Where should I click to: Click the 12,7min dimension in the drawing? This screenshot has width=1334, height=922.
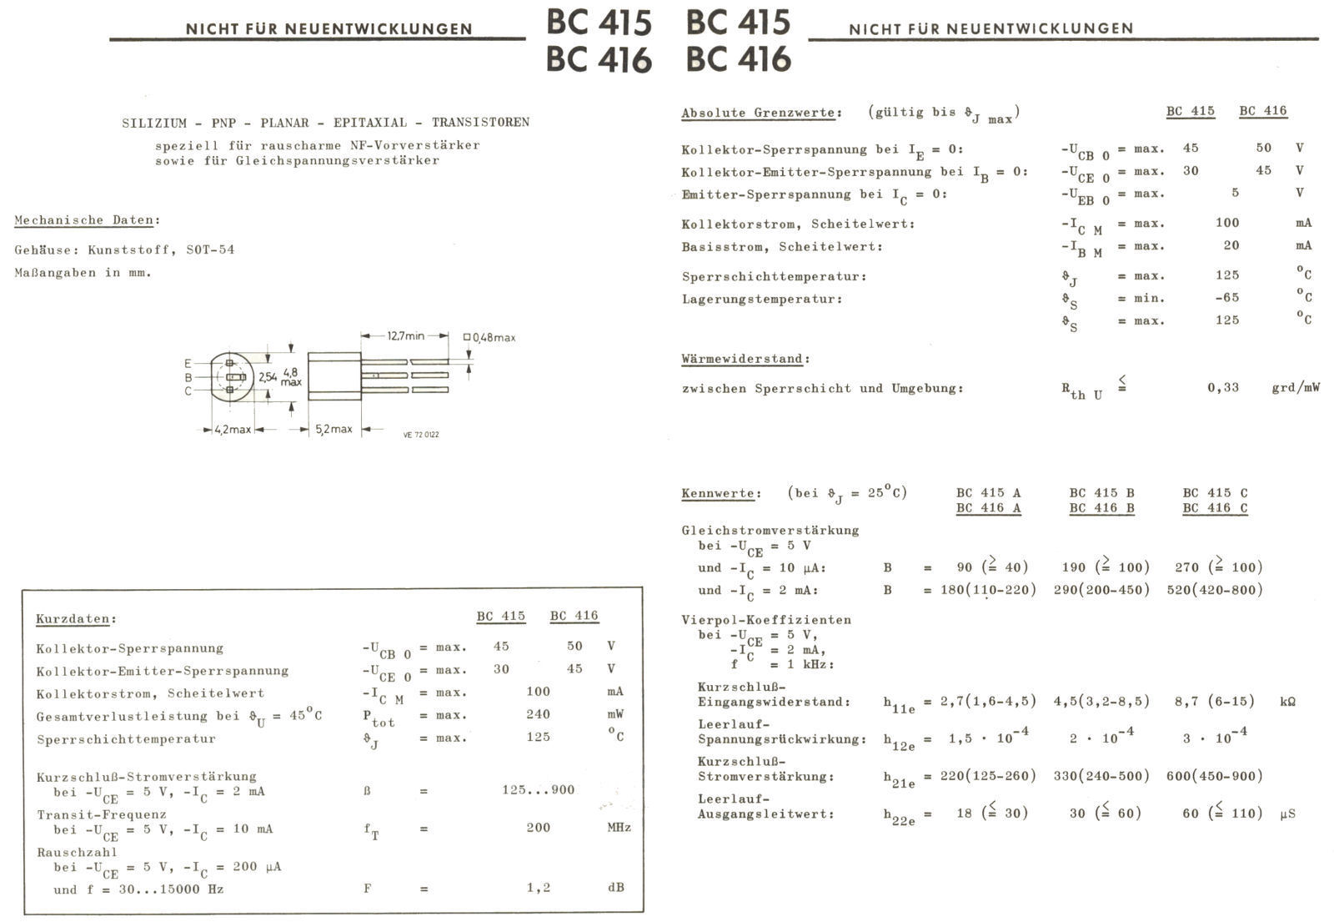[406, 335]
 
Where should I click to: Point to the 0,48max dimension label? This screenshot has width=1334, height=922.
[494, 338]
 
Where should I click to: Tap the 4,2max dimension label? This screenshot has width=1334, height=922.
[232, 430]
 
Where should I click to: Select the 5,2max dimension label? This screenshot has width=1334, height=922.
[333, 430]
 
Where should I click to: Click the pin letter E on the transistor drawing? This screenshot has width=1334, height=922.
[188, 364]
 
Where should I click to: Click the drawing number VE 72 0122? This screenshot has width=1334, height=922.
[420, 435]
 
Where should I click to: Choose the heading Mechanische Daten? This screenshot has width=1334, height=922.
[86, 220]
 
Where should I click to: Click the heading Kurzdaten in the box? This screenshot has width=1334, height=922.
[74, 619]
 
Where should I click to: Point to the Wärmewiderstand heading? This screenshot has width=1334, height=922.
[745, 359]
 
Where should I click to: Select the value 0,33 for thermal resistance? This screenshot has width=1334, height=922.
[1223, 387]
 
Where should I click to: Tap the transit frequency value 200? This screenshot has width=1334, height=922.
[539, 828]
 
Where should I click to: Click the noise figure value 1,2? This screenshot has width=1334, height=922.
[539, 888]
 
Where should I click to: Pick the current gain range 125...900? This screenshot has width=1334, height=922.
[538, 790]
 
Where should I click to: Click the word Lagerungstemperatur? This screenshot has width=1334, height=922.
[761, 299]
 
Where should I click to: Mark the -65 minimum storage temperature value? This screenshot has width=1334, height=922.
[1226, 298]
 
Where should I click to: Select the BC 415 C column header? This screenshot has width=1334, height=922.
[1215, 492]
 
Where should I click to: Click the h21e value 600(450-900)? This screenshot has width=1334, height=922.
[1214, 776]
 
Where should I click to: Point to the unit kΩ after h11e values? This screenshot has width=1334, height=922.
[1287, 702]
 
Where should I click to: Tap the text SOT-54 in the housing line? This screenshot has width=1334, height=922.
[210, 249]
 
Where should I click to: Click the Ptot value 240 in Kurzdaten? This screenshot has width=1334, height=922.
[539, 714]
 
